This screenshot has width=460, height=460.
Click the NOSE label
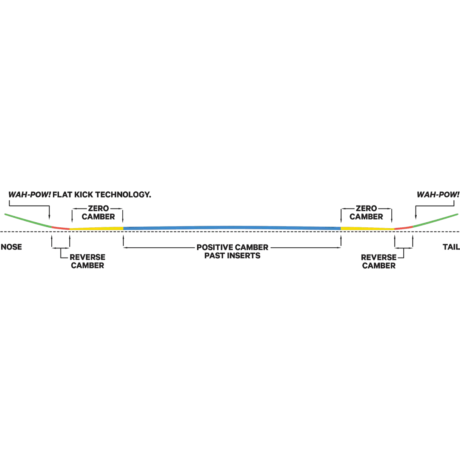click(11, 247)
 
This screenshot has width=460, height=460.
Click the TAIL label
click(451, 247)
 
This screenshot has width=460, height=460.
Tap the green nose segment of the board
click(28, 220)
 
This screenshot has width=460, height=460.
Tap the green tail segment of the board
click(435, 220)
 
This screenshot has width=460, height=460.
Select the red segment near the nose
click(61, 228)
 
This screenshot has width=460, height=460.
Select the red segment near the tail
click(403, 228)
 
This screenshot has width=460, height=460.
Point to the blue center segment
click(232, 228)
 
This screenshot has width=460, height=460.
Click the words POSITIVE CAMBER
click(232, 247)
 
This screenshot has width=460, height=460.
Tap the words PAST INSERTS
click(232, 256)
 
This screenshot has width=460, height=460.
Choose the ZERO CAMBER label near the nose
click(99, 212)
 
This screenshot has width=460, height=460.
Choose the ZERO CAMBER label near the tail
click(366, 212)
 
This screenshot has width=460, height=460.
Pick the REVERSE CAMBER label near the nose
click(88, 261)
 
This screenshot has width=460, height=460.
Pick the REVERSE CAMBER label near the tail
click(379, 261)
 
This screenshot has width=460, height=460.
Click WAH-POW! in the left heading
click(30, 195)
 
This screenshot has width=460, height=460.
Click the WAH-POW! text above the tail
click(438, 195)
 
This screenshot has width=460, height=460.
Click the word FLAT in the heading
click(62, 195)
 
